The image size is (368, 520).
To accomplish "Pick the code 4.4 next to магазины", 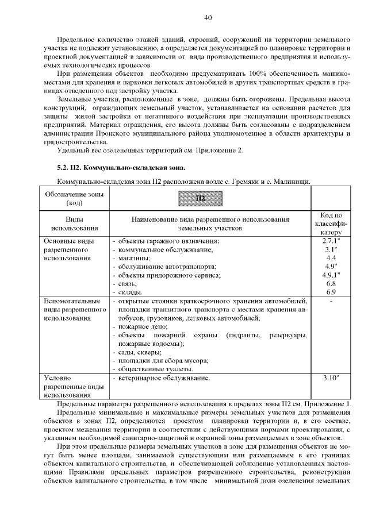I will (330, 258).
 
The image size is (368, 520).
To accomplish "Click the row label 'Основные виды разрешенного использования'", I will (68, 250).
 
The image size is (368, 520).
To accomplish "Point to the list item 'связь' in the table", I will (128, 283).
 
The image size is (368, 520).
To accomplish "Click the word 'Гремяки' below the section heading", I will (236, 182).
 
